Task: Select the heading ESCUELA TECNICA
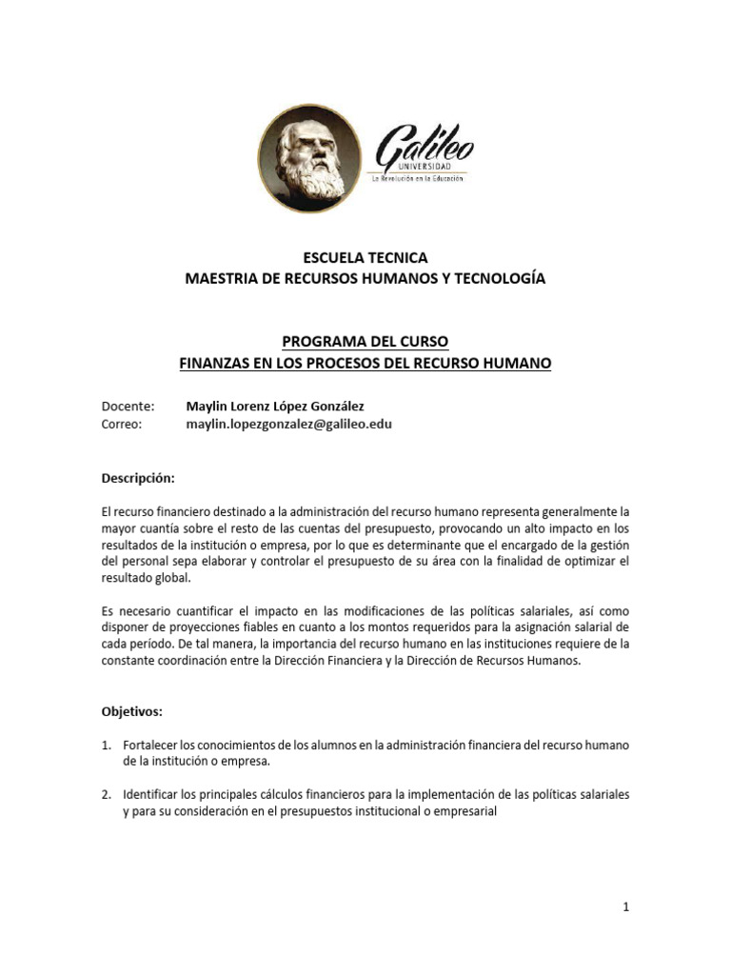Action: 365,258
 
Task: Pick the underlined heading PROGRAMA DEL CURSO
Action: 365,341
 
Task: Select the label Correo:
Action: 121,425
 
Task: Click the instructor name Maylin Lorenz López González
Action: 274,406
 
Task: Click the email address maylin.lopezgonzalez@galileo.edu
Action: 288,425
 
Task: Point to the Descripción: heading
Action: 138,478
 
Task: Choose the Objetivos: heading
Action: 131,711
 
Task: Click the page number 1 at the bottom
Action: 626,907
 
